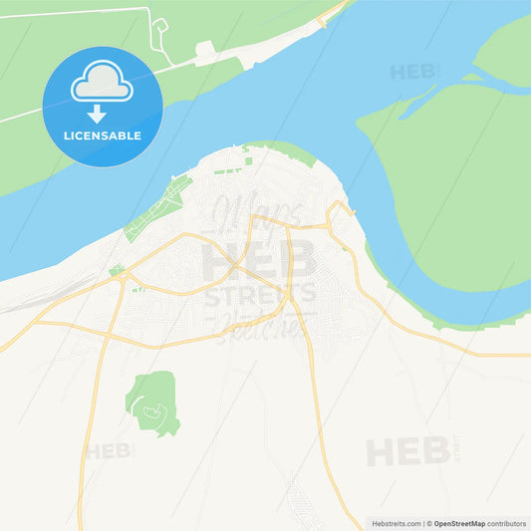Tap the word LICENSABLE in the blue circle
[102, 135]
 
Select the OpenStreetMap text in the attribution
[458, 522]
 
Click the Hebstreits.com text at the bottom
[397, 522]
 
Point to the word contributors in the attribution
[507, 522]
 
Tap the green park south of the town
[152, 400]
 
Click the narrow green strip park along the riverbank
[155, 207]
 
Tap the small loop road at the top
[159, 36]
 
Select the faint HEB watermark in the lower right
[407, 451]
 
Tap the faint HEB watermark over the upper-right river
[413, 72]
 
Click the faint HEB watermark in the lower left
[109, 450]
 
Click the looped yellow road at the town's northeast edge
[341, 211]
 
